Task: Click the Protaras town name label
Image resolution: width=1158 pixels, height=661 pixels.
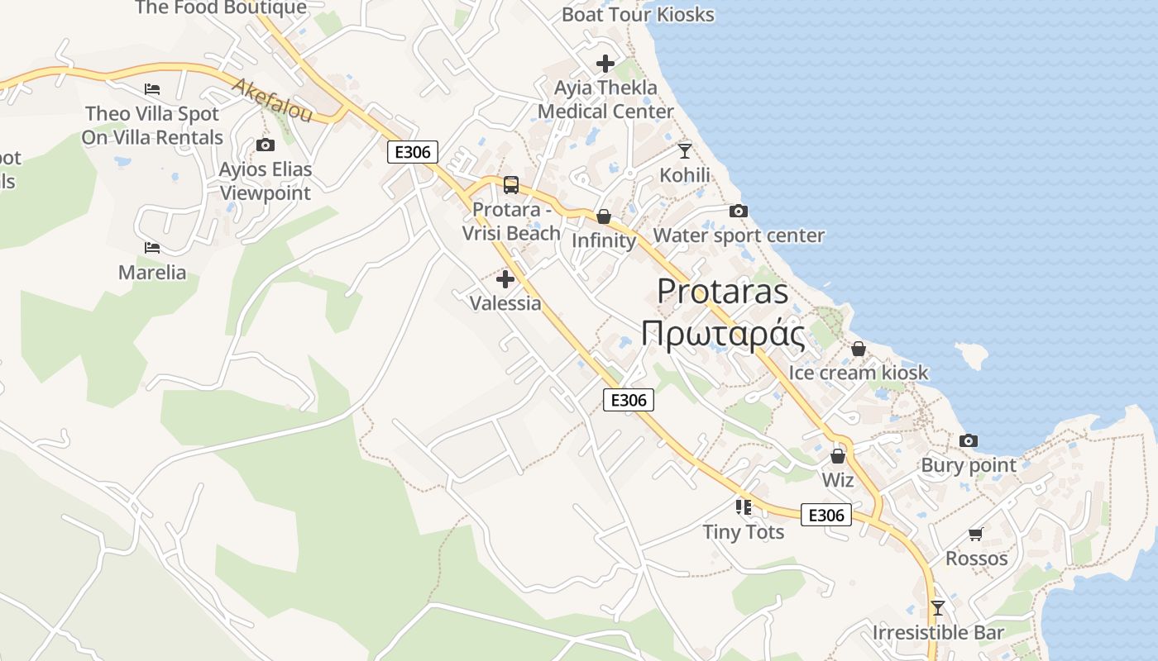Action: (x=723, y=292)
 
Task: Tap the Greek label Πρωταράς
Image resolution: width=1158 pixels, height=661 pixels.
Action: (x=723, y=334)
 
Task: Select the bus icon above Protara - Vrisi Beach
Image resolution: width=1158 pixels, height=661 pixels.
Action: (x=511, y=185)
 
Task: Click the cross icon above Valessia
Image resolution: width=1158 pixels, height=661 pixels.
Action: (x=505, y=279)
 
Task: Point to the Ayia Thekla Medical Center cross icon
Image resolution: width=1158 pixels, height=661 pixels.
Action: (x=605, y=63)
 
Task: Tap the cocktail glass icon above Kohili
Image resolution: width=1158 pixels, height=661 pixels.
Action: (x=684, y=150)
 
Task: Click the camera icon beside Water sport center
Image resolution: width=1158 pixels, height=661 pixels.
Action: (x=739, y=212)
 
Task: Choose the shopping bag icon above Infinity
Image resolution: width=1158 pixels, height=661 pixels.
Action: (x=604, y=216)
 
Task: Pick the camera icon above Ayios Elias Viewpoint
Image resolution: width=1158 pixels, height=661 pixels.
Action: (x=266, y=145)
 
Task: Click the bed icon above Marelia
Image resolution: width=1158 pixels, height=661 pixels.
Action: (x=152, y=247)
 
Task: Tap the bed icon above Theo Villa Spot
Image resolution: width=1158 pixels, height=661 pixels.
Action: (x=152, y=89)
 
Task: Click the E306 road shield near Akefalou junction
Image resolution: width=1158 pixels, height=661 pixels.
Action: (x=412, y=152)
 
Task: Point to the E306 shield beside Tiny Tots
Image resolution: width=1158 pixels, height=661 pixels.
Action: (x=825, y=516)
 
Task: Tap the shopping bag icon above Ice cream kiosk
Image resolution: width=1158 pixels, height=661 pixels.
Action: (x=859, y=349)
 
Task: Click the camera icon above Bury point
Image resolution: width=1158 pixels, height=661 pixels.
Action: (x=969, y=441)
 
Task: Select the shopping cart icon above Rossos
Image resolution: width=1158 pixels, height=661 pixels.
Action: (x=976, y=535)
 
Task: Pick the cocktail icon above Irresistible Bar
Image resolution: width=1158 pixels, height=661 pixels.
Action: (x=937, y=608)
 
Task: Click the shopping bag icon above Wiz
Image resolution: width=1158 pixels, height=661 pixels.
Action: (x=838, y=456)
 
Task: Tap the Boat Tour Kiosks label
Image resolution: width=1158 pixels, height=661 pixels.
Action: (x=638, y=14)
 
